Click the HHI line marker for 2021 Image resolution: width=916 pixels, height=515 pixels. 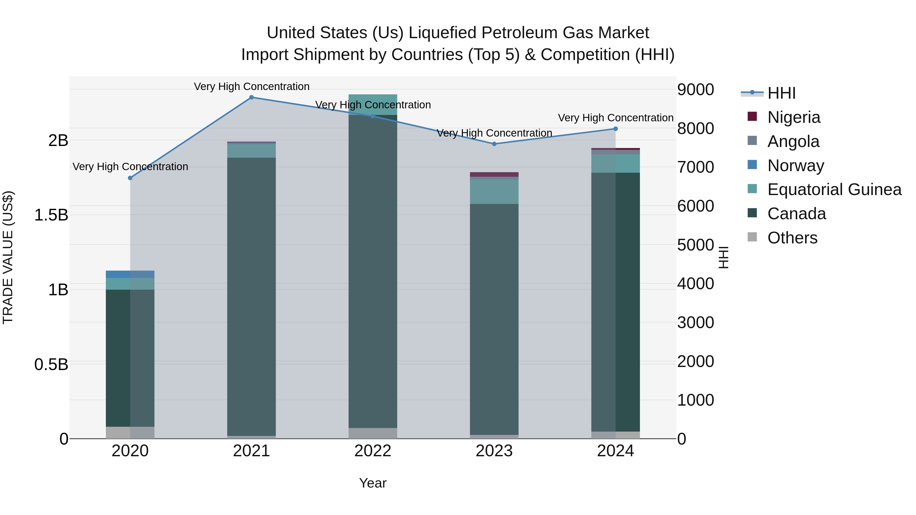click(x=251, y=97)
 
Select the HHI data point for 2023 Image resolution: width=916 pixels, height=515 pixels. click(x=494, y=144)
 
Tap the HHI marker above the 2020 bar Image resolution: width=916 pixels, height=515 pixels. click(x=130, y=178)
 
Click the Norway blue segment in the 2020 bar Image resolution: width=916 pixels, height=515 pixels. click(x=130, y=274)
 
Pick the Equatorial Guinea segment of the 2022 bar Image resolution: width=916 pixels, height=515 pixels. click(x=373, y=105)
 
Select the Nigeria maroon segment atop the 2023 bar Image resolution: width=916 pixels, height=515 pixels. click(x=494, y=174)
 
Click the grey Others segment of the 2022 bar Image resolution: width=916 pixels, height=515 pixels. click(x=373, y=433)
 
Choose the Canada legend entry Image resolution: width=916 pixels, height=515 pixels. click(x=796, y=214)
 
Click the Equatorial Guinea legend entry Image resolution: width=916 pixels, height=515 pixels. click(x=834, y=190)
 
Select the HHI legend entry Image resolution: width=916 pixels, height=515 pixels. click(x=781, y=94)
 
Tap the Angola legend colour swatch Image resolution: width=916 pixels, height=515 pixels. click(x=752, y=141)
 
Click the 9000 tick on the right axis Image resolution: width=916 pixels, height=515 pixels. click(x=695, y=90)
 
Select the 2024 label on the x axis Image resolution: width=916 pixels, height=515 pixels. click(x=615, y=451)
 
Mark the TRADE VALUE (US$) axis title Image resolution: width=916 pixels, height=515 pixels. click(x=8, y=258)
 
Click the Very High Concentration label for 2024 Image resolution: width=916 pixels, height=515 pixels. click(x=615, y=118)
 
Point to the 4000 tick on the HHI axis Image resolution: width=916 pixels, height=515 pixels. click(x=695, y=284)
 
